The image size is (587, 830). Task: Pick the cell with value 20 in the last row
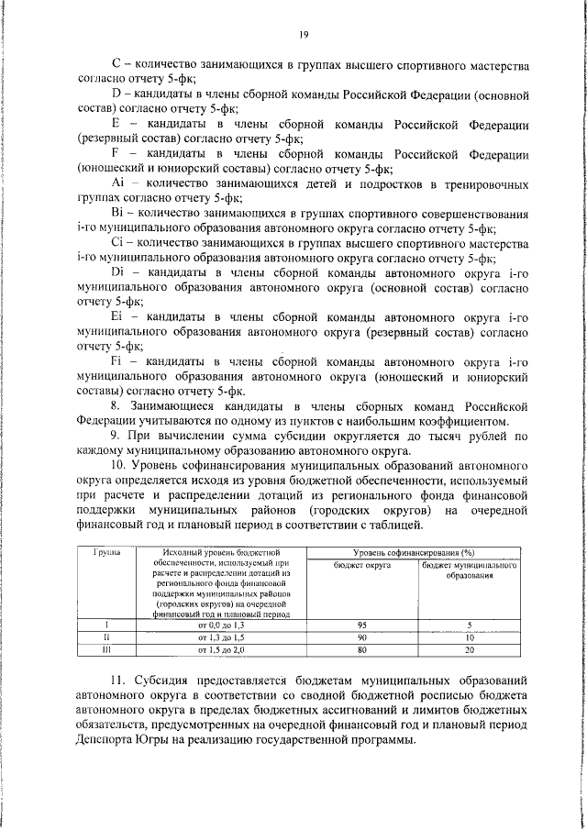click(x=469, y=648)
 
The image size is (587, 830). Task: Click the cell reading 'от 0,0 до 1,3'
click(x=222, y=624)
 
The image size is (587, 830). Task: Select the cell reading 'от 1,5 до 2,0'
click(x=222, y=648)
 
